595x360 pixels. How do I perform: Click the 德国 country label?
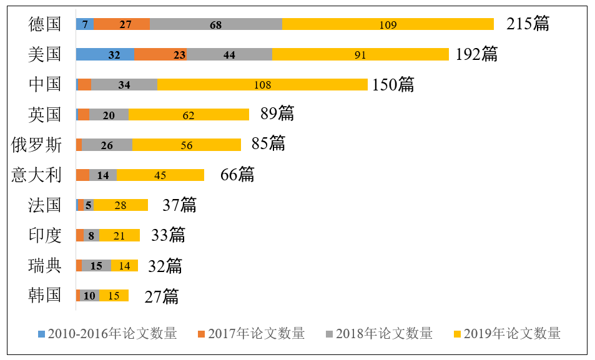[45, 24]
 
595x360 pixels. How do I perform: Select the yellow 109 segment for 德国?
[388, 24]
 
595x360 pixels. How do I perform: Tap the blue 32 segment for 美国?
[105, 54]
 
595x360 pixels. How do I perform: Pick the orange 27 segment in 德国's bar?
[122, 24]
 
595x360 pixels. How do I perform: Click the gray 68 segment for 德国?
[215, 24]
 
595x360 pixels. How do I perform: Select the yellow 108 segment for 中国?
[262, 84]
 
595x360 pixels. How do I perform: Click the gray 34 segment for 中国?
[124, 84]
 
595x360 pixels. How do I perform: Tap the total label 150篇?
[393, 85]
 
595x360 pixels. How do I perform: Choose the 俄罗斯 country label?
[37, 145]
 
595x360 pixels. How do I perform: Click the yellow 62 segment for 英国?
[189, 115]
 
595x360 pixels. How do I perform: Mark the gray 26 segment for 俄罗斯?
[107, 145]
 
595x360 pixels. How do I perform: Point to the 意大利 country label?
[37, 175]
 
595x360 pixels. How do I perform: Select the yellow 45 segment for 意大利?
[160, 175]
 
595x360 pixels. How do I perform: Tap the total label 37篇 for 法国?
[179, 205]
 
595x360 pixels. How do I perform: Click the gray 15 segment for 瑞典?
[96, 265]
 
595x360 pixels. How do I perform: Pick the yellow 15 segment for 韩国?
[114, 295]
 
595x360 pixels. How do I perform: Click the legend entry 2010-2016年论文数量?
[107, 333]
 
